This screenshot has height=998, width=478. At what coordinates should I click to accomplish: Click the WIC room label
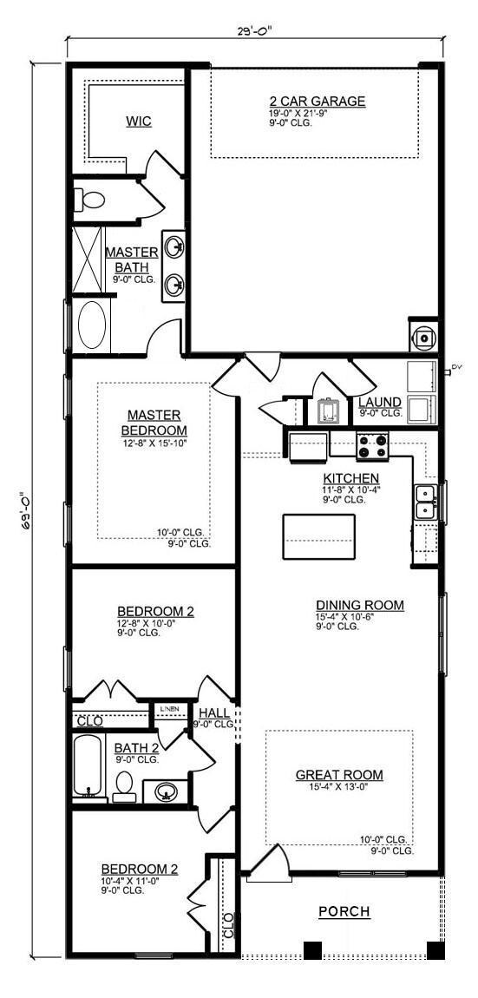click(138, 121)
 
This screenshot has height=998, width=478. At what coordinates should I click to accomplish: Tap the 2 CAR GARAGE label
click(317, 102)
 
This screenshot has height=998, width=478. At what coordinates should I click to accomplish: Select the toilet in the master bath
click(89, 200)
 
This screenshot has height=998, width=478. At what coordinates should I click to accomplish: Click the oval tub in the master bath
click(92, 325)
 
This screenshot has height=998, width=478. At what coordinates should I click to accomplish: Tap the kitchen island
click(318, 536)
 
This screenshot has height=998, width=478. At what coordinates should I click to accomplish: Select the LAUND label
click(380, 403)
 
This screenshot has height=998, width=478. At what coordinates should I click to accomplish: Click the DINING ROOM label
click(360, 605)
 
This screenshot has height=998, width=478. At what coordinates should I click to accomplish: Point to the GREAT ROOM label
click(339, 775)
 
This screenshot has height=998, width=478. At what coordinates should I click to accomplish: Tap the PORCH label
click(344, 911)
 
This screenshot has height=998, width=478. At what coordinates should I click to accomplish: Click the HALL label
click(213, 712)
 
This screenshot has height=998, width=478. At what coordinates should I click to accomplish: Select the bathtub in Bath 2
click(88, 766)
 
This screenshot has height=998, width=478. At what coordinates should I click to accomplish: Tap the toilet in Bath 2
click(124, 784)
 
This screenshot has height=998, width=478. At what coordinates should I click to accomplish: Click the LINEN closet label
click(170, 709)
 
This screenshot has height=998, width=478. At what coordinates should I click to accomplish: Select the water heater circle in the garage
click(424, 338)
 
